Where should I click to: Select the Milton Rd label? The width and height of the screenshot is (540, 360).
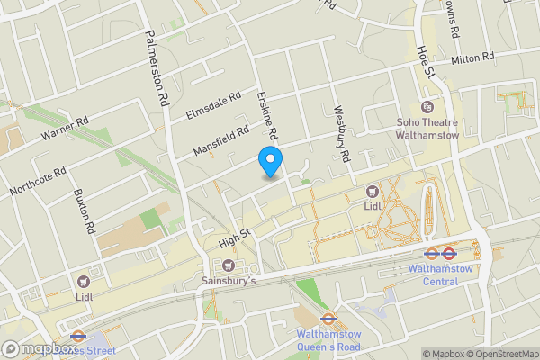pyautogui.click(x=474, y=58)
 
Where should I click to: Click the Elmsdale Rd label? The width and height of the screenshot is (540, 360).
pyautogui.click(x=213, y=106)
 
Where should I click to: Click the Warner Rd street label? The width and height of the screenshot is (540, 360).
pyautogui.click(x=65, y=131)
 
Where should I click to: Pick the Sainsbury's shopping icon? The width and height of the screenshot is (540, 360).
pyautogui.click(x=228, y=265)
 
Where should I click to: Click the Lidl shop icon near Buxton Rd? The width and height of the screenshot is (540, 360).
pyautogui.click(x=84, y=282)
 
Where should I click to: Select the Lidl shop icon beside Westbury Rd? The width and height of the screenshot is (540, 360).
pyautogui.click(x=372, y=191)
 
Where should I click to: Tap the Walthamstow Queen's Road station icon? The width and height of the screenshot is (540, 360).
pyautogui.click(x=328, y=318)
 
